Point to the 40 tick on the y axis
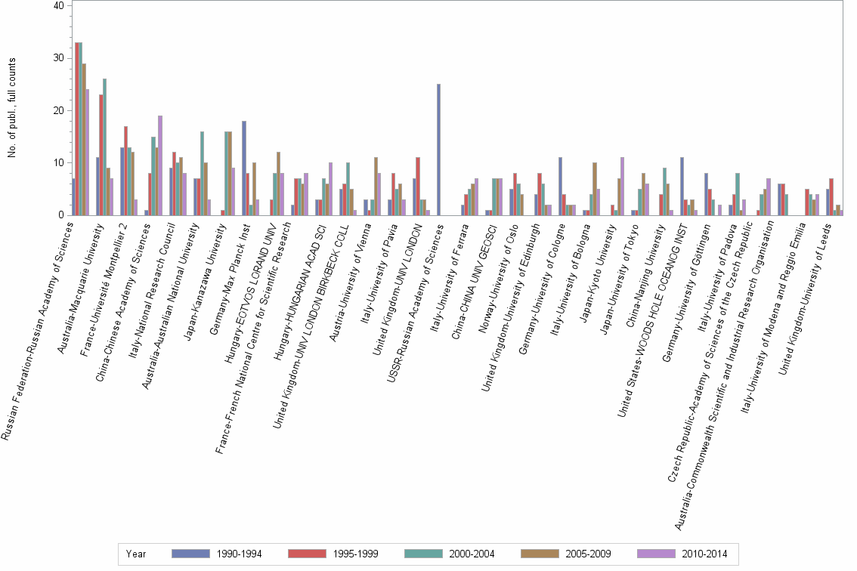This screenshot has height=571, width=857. tap(58, 5)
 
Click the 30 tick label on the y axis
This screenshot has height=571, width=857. tap(58, 58)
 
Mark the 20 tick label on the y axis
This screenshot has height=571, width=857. tap(58, 110)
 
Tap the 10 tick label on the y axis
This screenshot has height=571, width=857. tap(58, 163)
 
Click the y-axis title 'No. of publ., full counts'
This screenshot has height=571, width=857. tap(12, 110)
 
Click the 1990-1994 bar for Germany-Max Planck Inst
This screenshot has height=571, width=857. tap(244, 168)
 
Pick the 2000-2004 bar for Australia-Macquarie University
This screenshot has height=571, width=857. tap(104, 147)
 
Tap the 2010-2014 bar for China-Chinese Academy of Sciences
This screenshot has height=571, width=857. tap(160, 165)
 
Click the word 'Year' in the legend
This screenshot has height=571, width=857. tap(137, 554)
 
